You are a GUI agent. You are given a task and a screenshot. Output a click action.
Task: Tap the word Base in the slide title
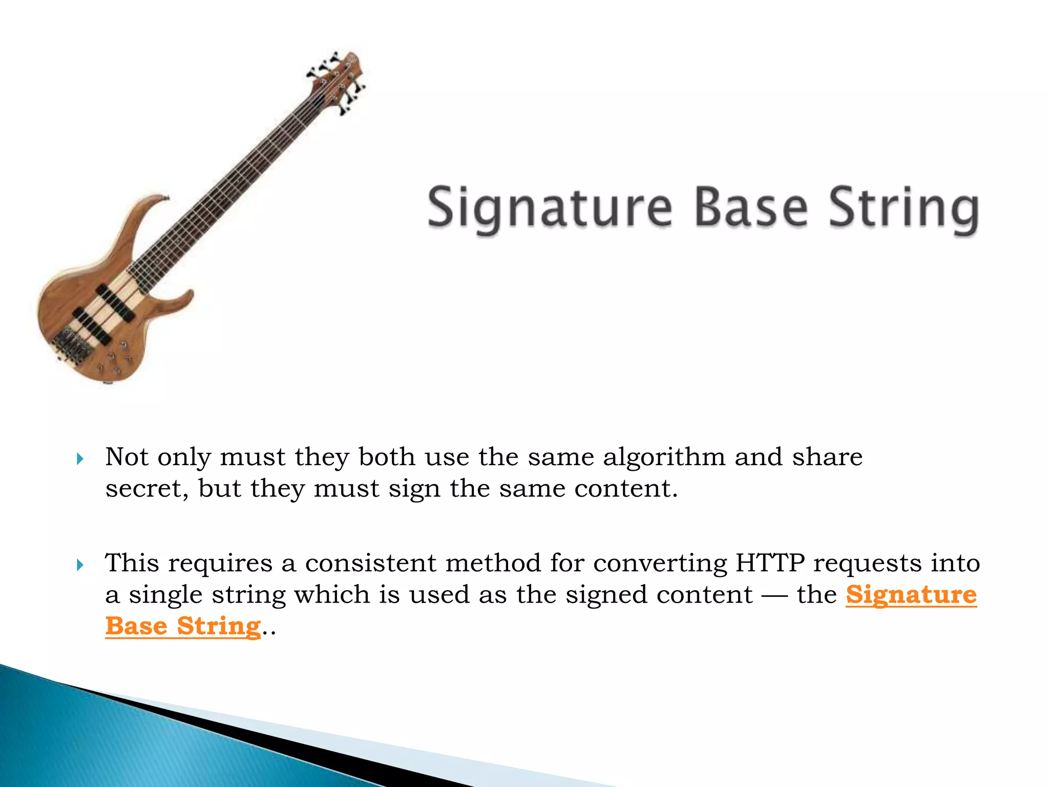[x=751, y=207]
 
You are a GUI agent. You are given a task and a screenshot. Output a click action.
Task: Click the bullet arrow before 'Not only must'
[x=80, y=459]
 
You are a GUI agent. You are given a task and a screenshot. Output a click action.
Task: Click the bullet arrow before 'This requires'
[x=80, y=565]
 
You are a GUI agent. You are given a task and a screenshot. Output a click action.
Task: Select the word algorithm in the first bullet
[x=664, y=457]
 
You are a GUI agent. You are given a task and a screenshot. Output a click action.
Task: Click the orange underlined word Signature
[x=911, y=595]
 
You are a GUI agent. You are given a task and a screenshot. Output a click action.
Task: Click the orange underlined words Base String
[x=183, y=627]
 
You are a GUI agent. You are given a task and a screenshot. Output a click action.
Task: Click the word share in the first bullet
[x=827, y=457]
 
